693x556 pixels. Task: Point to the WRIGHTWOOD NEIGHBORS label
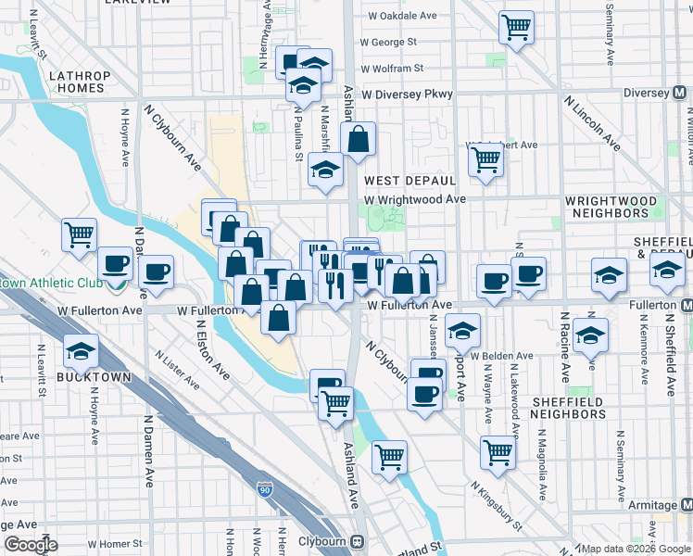(611, 207)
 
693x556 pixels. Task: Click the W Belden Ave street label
(501, 356)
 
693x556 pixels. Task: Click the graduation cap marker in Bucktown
(81, 351)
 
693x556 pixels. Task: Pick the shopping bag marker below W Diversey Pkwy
(359, 141)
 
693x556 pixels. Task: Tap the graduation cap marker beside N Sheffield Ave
(666, 270)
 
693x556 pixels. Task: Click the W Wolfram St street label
(392, 69)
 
